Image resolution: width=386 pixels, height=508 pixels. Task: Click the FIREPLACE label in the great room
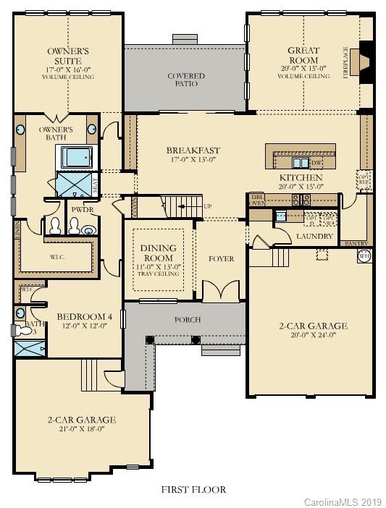345,63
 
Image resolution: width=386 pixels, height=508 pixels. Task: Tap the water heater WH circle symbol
364,255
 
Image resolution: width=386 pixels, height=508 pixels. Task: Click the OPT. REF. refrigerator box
364,177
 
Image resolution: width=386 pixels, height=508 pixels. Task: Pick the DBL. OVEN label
257,200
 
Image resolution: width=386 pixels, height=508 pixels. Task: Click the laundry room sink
280,216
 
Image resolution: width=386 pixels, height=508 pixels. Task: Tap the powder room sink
88,231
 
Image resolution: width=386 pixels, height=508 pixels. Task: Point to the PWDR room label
78,211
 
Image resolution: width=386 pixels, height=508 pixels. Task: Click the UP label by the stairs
209,206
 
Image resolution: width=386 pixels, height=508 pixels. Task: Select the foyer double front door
217,292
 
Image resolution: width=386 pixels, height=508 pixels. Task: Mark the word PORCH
188,319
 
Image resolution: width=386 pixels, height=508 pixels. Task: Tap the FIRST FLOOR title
193,489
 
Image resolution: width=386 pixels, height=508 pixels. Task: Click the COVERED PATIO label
186,80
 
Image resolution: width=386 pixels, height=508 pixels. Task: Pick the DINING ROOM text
157,253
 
